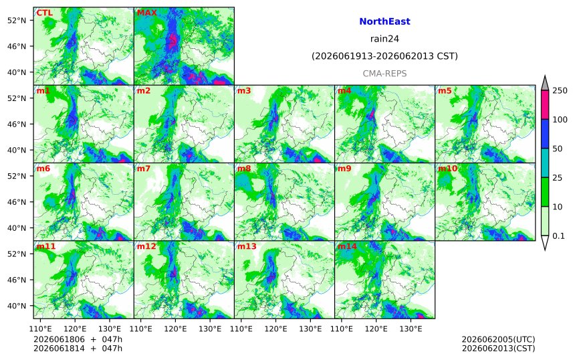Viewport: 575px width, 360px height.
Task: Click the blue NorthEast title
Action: tap(384, 21)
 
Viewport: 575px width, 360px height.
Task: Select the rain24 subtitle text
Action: tap(384, 39)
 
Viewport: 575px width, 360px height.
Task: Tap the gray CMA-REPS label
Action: tap(384, 74)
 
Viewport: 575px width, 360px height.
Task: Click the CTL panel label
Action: tap(44, 13)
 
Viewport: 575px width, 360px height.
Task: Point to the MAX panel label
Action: tap(146, 13)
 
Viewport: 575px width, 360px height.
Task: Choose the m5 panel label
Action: tap(445, 90)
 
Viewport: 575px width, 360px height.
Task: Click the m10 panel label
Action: tap(448, 169)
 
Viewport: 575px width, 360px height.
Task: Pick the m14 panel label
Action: tap(347, 246)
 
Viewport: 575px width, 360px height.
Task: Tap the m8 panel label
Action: tap(244, 169)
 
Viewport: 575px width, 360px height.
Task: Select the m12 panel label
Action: tap(146, 246)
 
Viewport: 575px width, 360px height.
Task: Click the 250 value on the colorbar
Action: tap(560, 90)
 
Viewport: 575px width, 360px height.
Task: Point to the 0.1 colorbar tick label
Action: tap(558, 236)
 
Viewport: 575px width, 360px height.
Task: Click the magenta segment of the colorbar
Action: tap(545, 105)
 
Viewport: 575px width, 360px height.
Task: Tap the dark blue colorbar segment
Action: tap(545, 134)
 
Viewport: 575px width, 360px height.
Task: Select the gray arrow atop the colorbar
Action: tap(545, 83)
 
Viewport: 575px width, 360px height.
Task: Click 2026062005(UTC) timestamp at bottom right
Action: tap(498, 339)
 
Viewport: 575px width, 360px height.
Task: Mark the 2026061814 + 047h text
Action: tap(78, 349)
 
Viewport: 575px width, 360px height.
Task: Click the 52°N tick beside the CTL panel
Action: tap(17, 20)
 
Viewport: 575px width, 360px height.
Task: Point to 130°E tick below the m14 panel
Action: tap(411, 329)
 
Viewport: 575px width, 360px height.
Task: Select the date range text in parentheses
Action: tap(384, 56)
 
